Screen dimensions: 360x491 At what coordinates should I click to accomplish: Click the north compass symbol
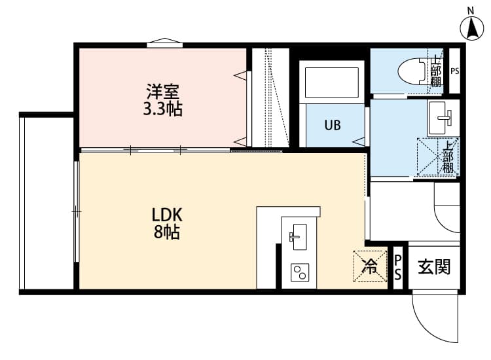pyautogui.click(x=470, y=27)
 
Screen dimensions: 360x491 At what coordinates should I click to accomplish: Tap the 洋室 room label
pyautogui.click(x=162, y=90)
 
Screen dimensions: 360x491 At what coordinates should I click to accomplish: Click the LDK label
pyautogui.click(x=167, y=214)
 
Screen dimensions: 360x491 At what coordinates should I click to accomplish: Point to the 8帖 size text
pyautogui.click(x=167, y=232)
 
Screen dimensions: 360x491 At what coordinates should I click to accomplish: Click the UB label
pyautogui.click(x=331, y=126)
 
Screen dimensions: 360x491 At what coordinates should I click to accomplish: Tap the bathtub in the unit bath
pyautogui.click(x=331, y=82)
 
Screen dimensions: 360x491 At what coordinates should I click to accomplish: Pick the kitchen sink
pyautogui.click(x=299, y=234)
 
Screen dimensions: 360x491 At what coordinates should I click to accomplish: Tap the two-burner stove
pyautogui.click(x=299, y=271)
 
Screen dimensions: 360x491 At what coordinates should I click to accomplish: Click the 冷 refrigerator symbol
pyautogui.click(x=371, y=266)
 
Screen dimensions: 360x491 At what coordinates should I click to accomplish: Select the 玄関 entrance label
pyautogui.click(x=433, y=267)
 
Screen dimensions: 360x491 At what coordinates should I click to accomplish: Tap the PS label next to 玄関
pyautogui.click(x=397, y=268)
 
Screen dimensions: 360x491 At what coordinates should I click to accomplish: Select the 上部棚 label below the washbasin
pyautogui.click(x=448, y=157)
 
